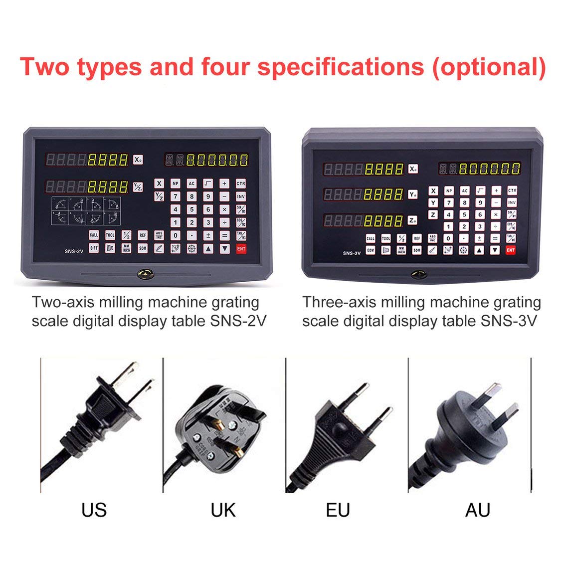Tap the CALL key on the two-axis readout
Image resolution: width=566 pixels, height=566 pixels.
point(94,235)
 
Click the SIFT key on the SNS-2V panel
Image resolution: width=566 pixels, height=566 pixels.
point(94,248)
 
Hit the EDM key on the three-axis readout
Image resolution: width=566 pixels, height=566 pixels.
point(371,250)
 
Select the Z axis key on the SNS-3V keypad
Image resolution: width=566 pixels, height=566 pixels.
point(433,215)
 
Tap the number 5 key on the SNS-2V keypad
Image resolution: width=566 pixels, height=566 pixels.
point(191,210)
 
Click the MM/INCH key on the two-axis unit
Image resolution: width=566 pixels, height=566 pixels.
point(126,248)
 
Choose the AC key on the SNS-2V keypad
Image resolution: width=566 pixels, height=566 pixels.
point(191,184)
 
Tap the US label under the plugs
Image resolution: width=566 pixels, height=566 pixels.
point(94,510)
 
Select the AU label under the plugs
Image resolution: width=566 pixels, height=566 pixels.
point(477,510)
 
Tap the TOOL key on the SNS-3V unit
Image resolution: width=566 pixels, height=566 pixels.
point(386,239)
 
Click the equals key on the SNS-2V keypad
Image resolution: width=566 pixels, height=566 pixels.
point(225,235)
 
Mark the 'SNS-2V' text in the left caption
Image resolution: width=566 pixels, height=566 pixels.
point(236,321)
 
